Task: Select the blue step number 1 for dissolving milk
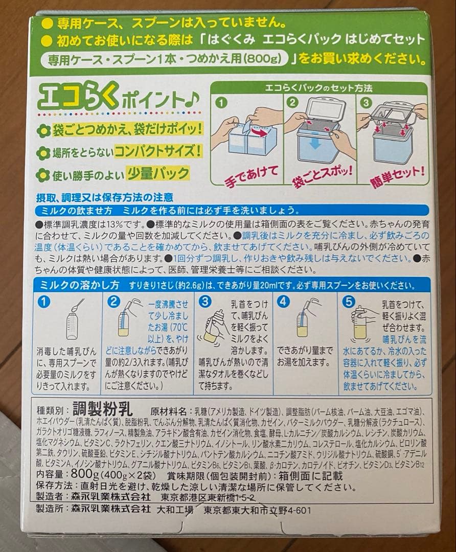47,302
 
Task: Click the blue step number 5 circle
350,302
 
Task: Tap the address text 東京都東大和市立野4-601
256,510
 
